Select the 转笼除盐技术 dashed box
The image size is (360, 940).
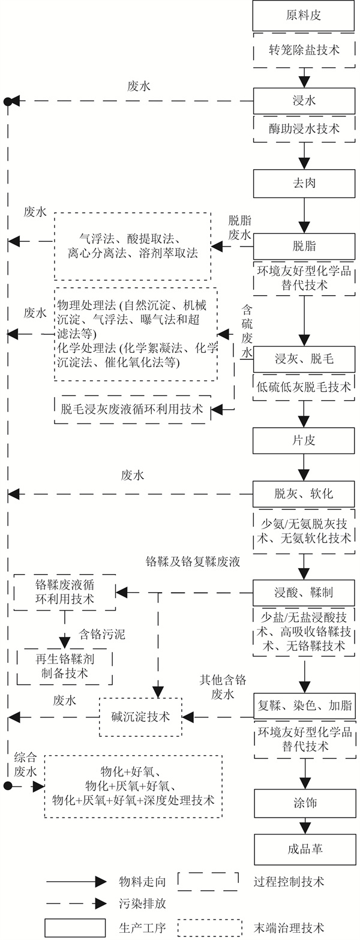click(x=304, y=50)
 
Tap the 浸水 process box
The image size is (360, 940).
click(x=304, y=101)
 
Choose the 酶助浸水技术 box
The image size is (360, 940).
click(x=304, y=128)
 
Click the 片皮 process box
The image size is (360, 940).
click(x=304, y=440)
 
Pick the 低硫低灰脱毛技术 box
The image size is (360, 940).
click(x=304, y=388)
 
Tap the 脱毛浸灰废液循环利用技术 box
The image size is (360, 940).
click(x=133, y=410)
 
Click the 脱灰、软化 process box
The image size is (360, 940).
click(x=304, y=494)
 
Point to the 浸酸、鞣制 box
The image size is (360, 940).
click(x=304, y=593)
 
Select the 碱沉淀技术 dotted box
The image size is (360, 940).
click(x=140, y=716)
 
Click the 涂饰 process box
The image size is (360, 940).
click(x=304, y=803)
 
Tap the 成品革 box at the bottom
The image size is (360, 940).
click(x=304, y=849)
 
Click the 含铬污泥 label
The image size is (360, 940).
click(x=102, y=635)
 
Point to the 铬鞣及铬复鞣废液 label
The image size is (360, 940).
click(x=193, y=562)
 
